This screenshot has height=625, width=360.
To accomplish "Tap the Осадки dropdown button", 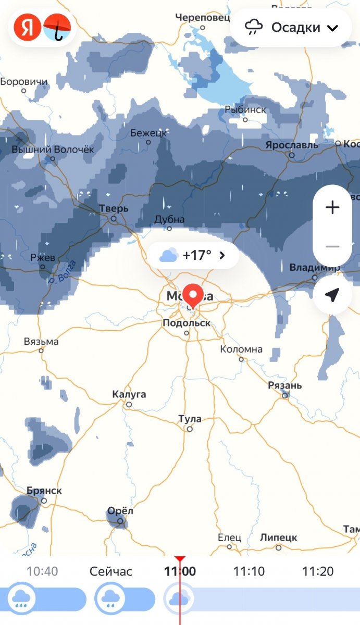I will coord(291,27).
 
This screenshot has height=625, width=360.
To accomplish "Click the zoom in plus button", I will coord(332,208).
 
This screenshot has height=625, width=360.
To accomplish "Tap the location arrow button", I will coord(332,295).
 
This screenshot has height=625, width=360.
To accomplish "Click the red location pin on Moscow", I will coord(194,296).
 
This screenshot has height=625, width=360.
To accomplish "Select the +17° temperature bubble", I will coord(193,255).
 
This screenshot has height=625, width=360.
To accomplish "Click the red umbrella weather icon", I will coord(57,27).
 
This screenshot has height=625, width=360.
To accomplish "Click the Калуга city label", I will coord(129,394).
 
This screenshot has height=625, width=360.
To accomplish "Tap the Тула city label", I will coord(190,419).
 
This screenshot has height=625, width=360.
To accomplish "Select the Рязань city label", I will coord(284,385).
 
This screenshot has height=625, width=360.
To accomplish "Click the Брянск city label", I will coord(44,491).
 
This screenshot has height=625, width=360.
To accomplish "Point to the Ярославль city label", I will coord(291,145).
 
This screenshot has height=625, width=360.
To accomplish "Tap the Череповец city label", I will coord(202,18).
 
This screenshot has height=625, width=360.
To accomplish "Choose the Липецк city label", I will coord(278,537).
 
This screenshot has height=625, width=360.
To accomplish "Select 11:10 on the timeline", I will coord(249,571).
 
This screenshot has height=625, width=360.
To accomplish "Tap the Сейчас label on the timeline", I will coord(111,571).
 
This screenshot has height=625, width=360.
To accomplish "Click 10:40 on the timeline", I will coord(42,571).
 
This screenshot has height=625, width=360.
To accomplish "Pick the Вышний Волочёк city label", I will coord(53,149).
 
